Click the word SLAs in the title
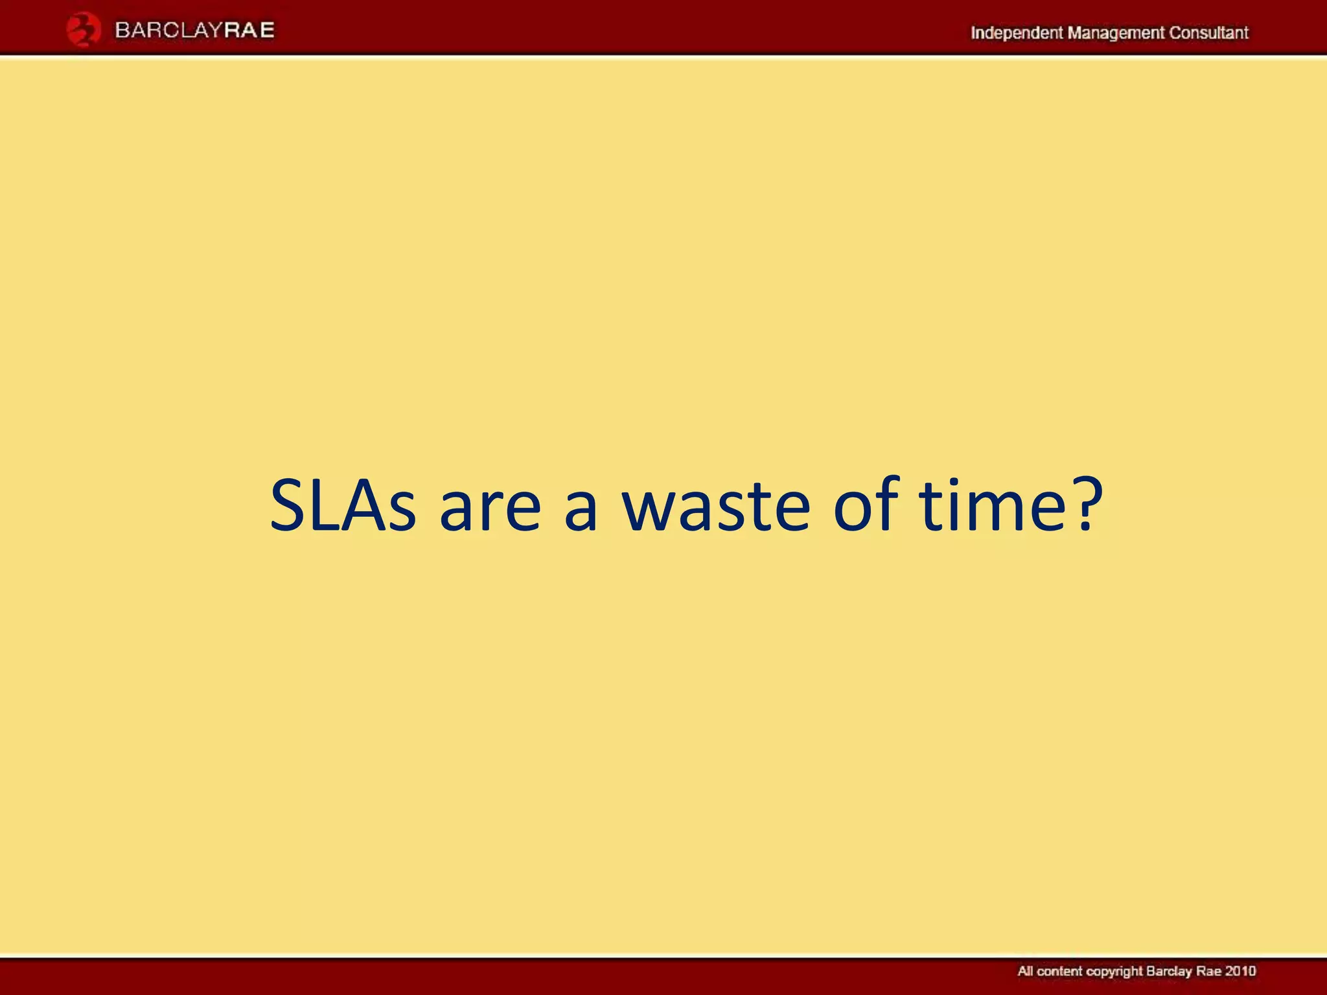coord(342,506)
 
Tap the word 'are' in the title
coord(490,506)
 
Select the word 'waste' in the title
coord(715,506)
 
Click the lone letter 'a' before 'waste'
coord(581,512)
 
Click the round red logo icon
coord(83,30)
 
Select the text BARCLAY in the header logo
coord(169,30)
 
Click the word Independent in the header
coord(1016,33)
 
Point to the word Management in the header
coord(1115,33)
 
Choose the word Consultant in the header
coord(1208,33)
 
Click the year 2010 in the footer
coord(1240,971)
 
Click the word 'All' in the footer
coord(1026,971)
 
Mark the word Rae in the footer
coord(1208,971)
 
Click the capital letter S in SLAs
coord(287,506)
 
